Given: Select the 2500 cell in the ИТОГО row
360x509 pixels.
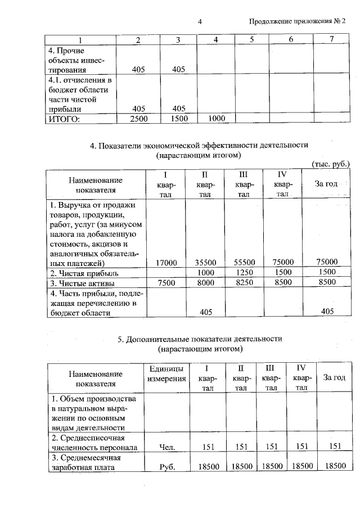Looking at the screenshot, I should [138, 119].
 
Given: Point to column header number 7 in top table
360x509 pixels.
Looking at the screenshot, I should [332, 39].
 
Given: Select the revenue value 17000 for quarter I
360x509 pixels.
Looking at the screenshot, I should [166, 262].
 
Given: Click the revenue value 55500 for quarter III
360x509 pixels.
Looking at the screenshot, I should [244, 262].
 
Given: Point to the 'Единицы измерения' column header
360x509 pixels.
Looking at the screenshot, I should [166, 373].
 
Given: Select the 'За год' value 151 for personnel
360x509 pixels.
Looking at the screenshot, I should [335, 448].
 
